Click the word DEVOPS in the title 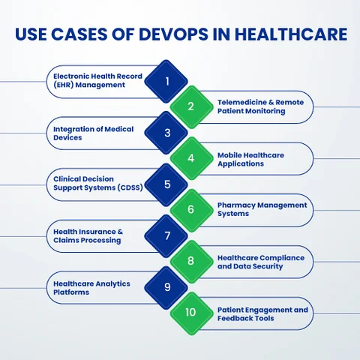point(173,34)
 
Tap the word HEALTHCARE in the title point(291,34)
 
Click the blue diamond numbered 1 point(166,81)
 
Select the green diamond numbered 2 point(192,107)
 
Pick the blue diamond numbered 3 point(166,133)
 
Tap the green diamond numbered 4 point(192,158)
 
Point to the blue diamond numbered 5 point(166,184)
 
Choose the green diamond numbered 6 point(192,211)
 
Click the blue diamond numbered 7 point(166,236)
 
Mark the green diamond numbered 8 point(192,262)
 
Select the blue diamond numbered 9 point(166,288)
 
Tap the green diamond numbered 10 point(192,313)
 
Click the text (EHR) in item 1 point(63,85)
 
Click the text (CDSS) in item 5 point(130,187)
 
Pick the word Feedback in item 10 point(234,319)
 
